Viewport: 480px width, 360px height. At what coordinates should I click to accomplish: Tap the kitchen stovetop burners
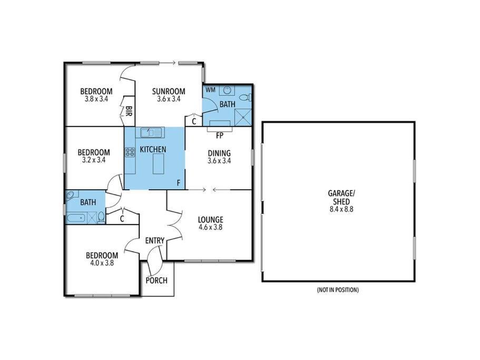(130, 152)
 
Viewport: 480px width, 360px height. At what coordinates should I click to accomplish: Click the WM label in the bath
(210, 90)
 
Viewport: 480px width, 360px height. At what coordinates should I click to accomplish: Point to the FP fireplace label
(220, 135)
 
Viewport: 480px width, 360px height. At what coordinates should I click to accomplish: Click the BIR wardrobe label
(129, 111)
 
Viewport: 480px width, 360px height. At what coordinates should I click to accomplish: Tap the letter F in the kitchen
(179, 183)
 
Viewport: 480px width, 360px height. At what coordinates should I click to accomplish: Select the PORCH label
(156, 280)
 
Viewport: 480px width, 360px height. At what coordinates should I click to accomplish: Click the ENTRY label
(155, 240)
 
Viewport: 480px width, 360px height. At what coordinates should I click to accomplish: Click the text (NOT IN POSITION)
(338, 289)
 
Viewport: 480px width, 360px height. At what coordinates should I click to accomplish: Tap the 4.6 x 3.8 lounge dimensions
(210, 227)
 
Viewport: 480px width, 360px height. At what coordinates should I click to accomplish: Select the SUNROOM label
(169, 91)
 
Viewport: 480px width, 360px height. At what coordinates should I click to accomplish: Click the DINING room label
(219, 153)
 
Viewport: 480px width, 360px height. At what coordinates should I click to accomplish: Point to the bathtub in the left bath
(76, 218)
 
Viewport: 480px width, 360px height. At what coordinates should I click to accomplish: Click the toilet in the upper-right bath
(245, 98)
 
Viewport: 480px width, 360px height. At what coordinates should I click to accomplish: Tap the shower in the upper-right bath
(243, 116)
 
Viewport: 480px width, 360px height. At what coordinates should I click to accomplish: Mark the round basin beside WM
(227, 90)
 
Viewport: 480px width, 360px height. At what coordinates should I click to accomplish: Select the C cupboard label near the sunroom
(194, 122)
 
